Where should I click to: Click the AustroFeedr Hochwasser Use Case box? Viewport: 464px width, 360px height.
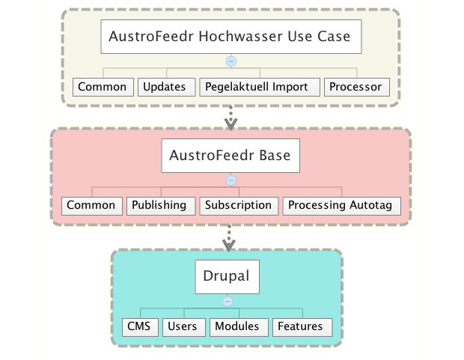[231, 37]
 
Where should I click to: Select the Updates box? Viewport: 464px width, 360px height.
[167, 87]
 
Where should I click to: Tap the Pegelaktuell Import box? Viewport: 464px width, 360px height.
[260, 87]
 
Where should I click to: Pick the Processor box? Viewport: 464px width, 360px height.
[357, 87]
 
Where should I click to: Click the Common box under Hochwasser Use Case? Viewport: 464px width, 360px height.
[103, 87]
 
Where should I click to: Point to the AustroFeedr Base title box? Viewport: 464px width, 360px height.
[231, 156]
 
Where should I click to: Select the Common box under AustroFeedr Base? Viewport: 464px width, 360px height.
[92, 206]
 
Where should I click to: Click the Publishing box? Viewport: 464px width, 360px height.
[161, 206]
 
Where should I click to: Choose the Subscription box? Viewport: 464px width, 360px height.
[239, 206]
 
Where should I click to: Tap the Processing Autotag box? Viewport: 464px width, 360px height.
[342, 206]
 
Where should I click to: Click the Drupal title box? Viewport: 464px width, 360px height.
[228, 277]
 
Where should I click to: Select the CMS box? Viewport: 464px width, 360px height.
[140, 327]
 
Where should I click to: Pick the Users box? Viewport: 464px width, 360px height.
[184, 327]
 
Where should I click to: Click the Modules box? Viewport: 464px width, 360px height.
[239, 327]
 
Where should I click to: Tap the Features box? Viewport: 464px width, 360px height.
[302, 327]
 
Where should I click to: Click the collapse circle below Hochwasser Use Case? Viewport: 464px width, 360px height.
[231, 61]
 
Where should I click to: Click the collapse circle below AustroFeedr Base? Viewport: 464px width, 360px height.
[231, 180]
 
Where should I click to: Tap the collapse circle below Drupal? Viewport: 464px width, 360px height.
[228, 302]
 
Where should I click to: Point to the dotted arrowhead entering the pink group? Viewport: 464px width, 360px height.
[231, 124]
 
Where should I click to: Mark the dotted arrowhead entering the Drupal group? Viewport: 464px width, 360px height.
[229, 245]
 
